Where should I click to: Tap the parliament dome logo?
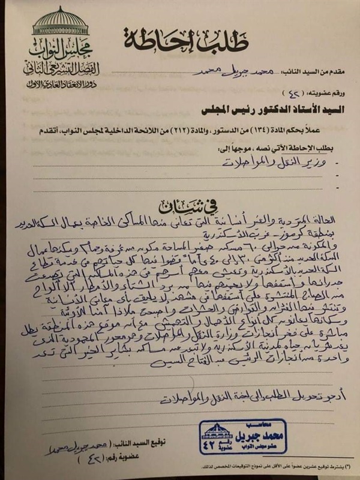point(59,21)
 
